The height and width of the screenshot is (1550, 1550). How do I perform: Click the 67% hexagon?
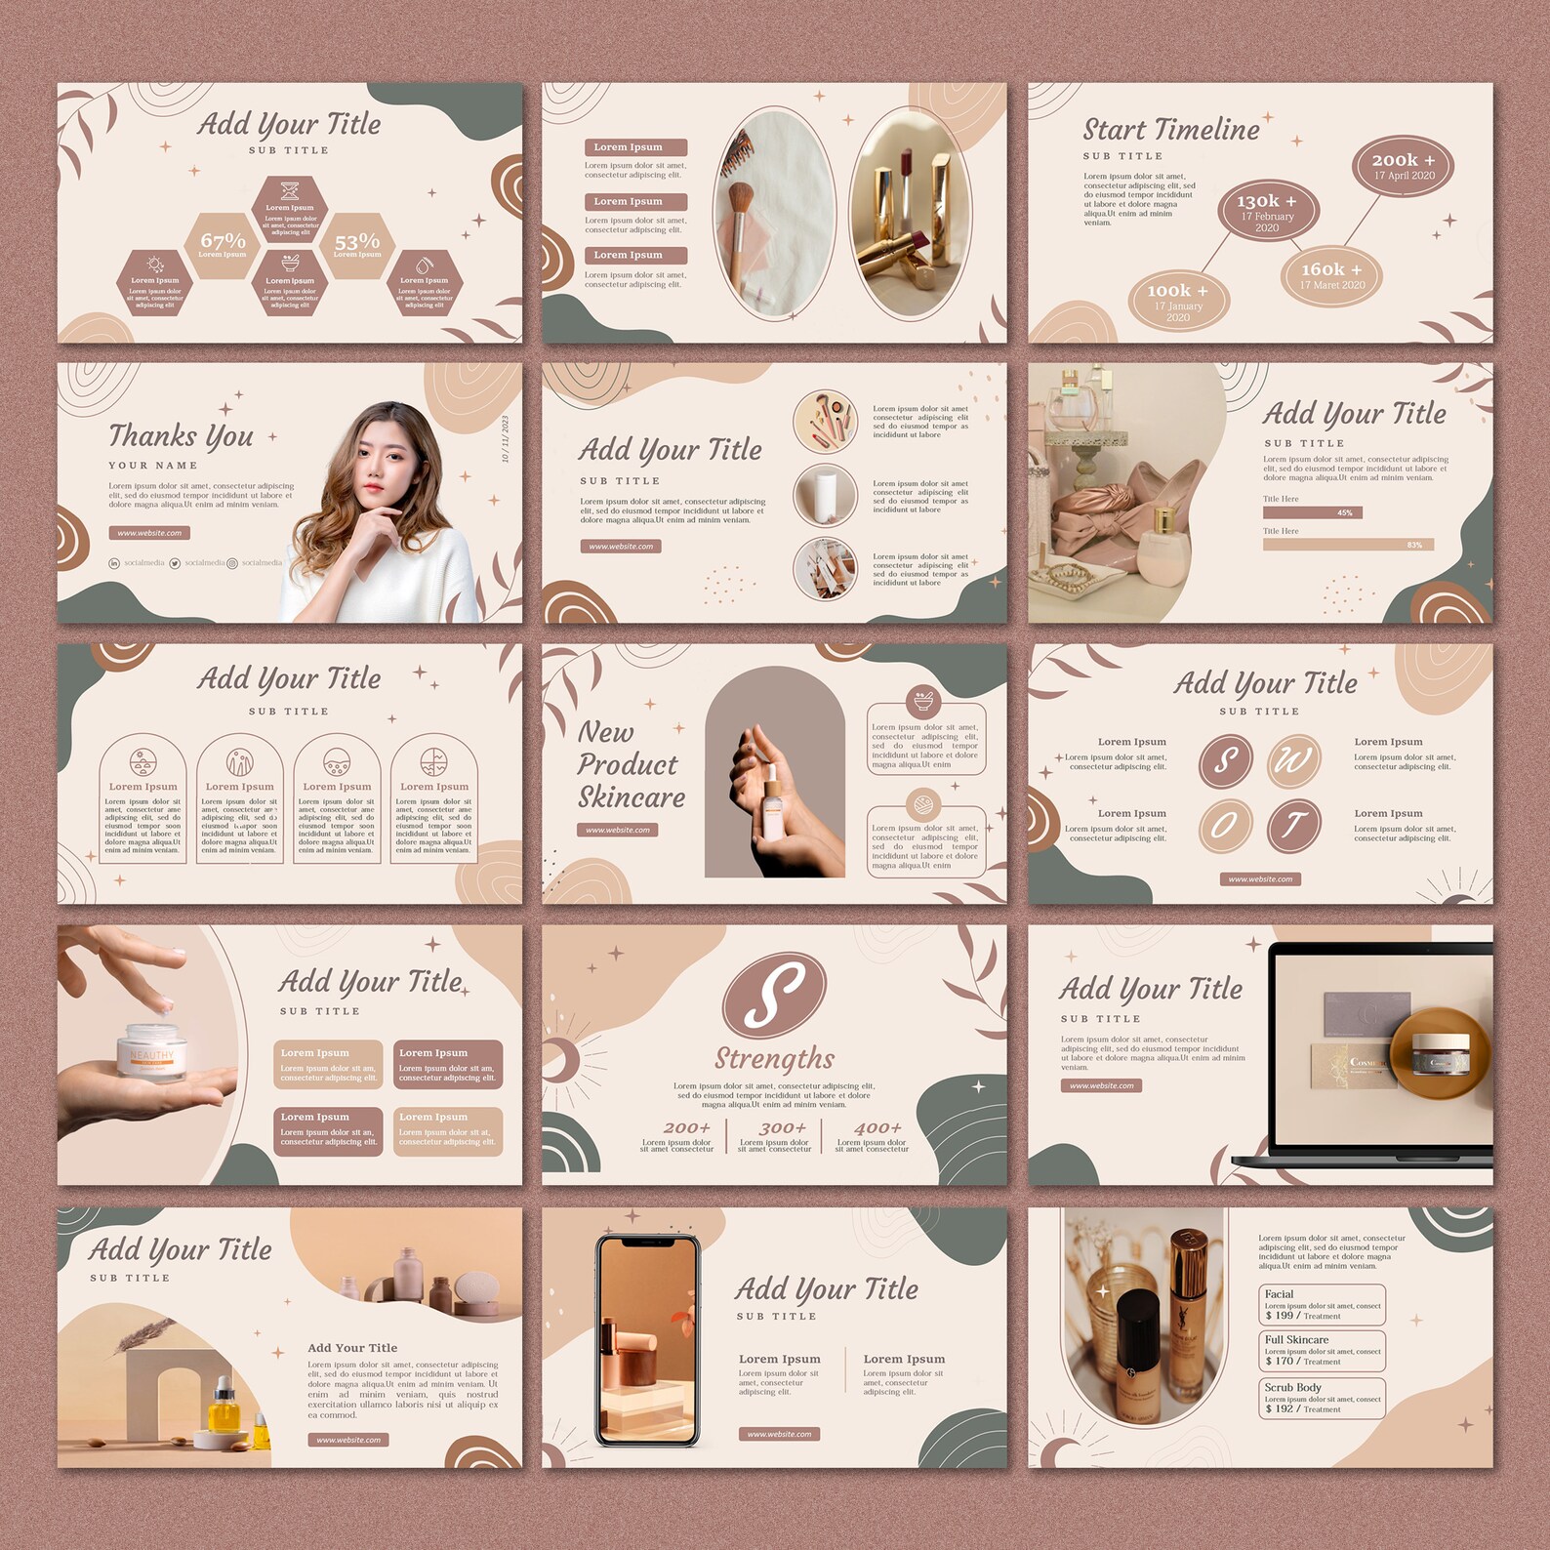point(223,244)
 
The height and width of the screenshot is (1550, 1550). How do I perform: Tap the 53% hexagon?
point(357,244)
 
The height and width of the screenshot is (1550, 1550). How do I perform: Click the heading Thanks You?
point(181,435)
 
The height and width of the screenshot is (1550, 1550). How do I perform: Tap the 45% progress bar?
point(1312,512)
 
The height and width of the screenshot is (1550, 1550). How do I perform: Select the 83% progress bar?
point(1347,545)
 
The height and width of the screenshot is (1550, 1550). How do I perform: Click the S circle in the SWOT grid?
point(1225,759)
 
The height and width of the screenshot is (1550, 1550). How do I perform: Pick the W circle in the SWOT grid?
point(1293,759)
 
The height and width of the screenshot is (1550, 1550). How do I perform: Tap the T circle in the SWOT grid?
point(1293,826)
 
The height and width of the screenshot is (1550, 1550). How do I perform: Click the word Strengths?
point(774,1058)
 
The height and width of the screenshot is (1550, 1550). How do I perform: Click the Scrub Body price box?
point(1322,1398)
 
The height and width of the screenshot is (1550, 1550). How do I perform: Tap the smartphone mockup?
point(648,1340)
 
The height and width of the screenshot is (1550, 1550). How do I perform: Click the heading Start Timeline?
point(1170,130)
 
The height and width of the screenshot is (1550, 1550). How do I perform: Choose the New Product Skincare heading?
point(631,764)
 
